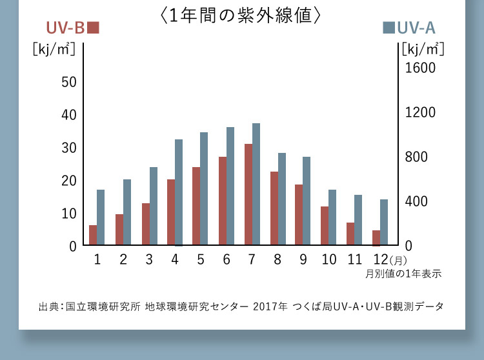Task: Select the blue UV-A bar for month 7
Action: click(256, 185)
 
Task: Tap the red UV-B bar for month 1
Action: click(93, 235)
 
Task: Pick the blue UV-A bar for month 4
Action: click(179, 192)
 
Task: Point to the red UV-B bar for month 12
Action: click(376, 238)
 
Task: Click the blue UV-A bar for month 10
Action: click(332, 217)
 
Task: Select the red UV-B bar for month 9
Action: click(299, 215)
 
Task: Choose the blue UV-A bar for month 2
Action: click(127, 212)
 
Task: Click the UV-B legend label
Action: click(72, 28)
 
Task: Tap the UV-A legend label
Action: click(410, 28)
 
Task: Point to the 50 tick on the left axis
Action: click(69, 82)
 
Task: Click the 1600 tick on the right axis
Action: click(420, 68)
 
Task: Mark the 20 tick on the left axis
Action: click(69, 181)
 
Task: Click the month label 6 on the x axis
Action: click(227, 259)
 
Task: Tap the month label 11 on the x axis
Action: click(355, 259)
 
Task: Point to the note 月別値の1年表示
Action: click(403, 274)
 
